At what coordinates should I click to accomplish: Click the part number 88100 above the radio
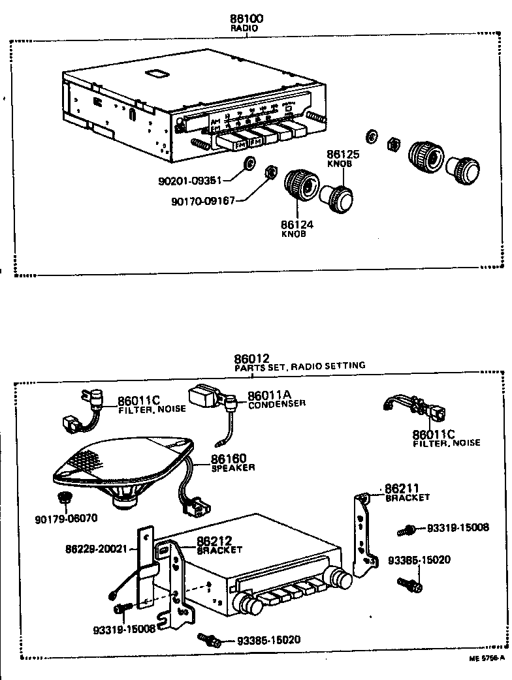coord(246,20)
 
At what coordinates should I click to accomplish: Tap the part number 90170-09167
coord(203,202)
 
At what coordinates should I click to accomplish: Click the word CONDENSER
coord(277,404)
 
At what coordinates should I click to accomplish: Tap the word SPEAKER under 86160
coord(232,468)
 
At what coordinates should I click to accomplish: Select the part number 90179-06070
coord(66,519)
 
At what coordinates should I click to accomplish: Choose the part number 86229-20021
coord(95,549)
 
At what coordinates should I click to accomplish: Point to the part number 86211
coord(402,488)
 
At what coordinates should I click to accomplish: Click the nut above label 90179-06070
coord(64,499)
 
